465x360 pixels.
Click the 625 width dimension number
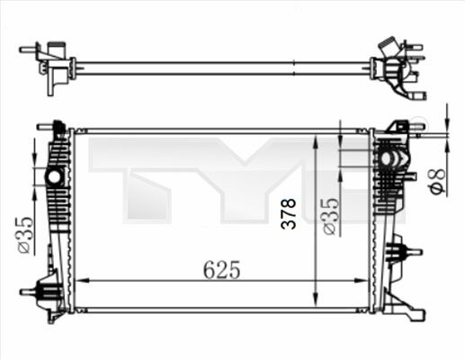[221, 268]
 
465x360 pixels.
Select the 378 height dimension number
[289, 215]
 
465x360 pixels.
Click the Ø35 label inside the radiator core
[330, 216]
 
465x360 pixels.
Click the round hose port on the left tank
[55, 176]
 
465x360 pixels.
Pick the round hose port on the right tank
[391, 159]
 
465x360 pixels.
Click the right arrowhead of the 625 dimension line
[361, 281]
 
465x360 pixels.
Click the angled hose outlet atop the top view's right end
[389, 44]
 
